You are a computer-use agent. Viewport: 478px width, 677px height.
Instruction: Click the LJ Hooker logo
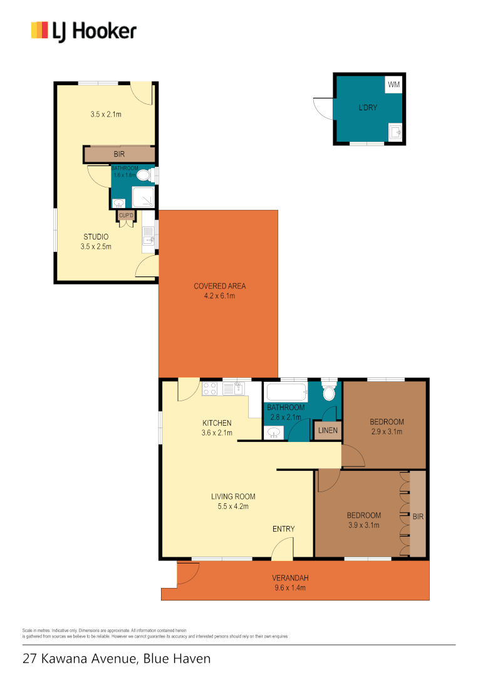coord(83,30)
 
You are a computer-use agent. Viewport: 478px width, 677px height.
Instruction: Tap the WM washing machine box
coord(393,85)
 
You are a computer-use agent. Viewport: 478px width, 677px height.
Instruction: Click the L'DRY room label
coord(368,108)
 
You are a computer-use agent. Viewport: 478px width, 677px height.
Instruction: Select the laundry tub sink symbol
coord(395,132)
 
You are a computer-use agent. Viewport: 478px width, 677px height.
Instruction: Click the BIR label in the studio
coord(119,154)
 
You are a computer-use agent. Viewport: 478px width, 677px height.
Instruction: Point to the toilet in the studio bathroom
coord(144,176)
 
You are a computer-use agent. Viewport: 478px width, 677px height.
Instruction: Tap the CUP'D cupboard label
coord(125,216)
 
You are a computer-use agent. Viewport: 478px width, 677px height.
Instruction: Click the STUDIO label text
coord(96,236)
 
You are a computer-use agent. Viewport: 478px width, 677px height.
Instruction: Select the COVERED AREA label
coord(219,286)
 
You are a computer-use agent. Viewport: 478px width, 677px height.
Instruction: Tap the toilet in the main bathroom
coord(330,392)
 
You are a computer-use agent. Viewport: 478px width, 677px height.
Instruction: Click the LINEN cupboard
coord(328,431)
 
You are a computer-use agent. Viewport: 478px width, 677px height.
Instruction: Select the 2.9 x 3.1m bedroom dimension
coord(386,431)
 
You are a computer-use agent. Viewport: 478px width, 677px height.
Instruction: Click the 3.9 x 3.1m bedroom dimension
coord(363,525)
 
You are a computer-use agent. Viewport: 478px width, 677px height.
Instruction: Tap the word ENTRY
coord(283,529)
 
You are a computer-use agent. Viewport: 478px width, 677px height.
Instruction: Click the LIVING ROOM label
coord(232,496)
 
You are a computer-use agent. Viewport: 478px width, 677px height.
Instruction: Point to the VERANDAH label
coord(290,578)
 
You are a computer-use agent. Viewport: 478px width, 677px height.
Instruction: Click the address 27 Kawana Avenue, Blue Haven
coord(117,659)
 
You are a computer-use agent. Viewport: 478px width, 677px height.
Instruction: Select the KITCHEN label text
coord(217,422)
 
